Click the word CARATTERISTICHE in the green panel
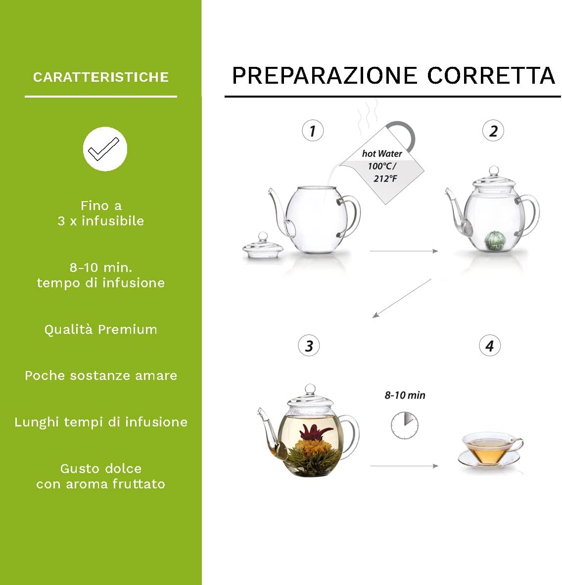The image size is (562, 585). click(101, 77)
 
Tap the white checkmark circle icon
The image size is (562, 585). click(105, 149)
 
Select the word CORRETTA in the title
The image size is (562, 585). click(491, 76)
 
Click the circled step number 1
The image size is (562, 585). click(313, 131)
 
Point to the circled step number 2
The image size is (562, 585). click(493, 131)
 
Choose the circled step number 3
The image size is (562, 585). click(309, 346)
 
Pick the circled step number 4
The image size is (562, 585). click(490, 346)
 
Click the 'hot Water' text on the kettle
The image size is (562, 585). click(382, 154)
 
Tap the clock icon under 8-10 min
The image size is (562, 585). click(405, 425)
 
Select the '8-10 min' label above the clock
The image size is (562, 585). click(405, 395)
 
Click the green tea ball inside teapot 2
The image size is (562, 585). click(493, 239)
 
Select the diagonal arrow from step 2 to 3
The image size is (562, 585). click(402, 298)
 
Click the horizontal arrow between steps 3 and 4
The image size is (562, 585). click(404, 466)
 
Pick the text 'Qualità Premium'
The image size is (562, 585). click(101, 330)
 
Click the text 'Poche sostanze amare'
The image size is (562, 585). click(101, 376)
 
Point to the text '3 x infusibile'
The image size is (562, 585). click(101, 221)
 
